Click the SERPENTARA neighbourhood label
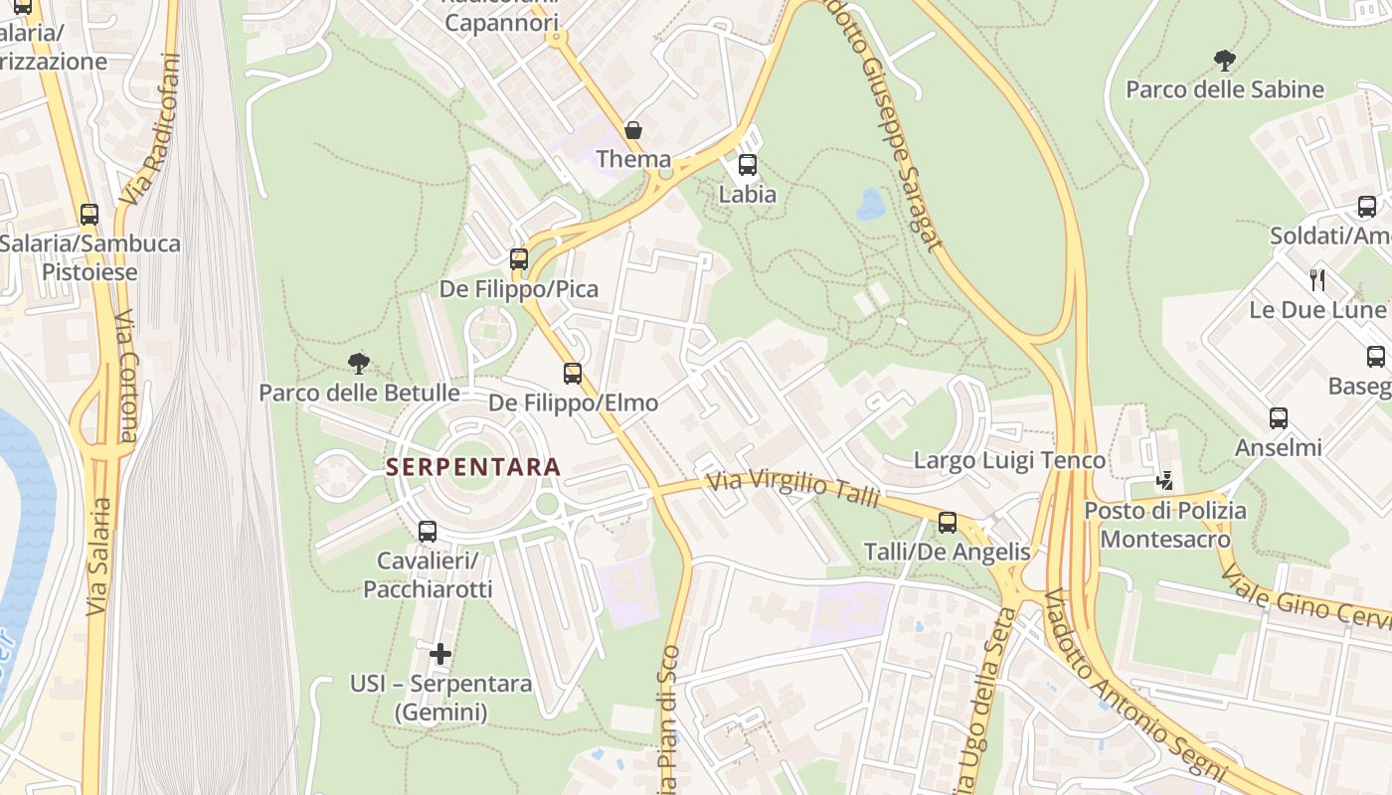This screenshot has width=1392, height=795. point(473,466)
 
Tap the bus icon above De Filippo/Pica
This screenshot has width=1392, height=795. point(519,259)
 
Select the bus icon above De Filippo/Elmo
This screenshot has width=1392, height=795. point(573,374)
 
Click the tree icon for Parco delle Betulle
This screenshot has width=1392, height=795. point(359,363)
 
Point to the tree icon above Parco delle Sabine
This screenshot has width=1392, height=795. point(1225,61)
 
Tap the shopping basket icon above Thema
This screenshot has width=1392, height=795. point(632,130)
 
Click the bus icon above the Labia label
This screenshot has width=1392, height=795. point(748,165)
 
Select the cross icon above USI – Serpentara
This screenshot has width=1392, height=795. point(440,654)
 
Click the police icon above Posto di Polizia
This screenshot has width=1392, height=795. point(1164,482)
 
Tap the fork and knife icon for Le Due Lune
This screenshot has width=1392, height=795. point(1317,280)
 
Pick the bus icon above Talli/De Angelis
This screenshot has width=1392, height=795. point(948,523)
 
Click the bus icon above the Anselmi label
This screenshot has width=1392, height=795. point(1279,418)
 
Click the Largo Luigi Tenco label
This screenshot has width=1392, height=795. point(1009,460)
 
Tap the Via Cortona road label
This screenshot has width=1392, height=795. point(127,376)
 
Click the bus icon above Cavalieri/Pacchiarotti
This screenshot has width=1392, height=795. point(428,532)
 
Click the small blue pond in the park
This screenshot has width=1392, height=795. point(872,204)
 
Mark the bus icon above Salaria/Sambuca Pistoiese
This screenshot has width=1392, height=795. point(89,214)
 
